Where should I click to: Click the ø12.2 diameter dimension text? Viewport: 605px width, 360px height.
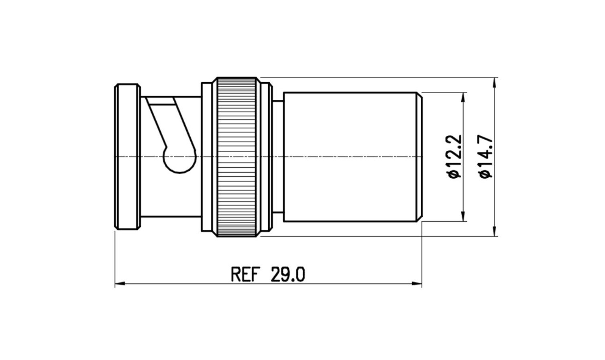pos(454,157)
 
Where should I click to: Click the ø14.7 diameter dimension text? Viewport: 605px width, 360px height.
pos(486,157)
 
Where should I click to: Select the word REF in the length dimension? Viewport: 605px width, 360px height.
pos(246,275)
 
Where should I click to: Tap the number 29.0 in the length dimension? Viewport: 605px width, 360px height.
pos(288,275)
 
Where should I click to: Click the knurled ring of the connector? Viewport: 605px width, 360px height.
pos(236,157)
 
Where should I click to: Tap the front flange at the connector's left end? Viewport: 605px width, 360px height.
pos(128,157)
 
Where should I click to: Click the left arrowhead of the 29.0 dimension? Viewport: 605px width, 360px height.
pos(120,284)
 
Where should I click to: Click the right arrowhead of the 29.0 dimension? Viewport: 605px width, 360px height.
pos(416,284)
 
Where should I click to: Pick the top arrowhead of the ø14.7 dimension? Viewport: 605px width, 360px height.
pos(494,83)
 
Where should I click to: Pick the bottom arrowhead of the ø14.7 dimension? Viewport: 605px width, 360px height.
pos(494,231)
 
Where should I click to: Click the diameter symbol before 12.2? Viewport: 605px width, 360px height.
pos(455,175)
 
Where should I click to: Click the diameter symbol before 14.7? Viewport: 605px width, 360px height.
pos(486,175)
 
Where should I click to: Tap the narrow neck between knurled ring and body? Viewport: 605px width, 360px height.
pos(278,157)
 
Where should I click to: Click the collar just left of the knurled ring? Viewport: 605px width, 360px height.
pos(207,157)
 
